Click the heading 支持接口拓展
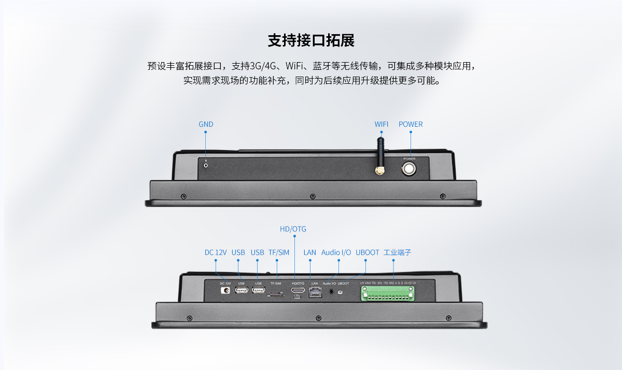click(311, 40)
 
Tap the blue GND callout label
click(206, 124)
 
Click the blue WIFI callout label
click(381, 124)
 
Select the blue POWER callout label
click(411, 124)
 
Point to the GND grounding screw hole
click(206, 165)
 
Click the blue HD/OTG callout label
click(293, 229)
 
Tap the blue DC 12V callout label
click(216, 253)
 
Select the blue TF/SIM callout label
click(279, 253)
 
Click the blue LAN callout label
click(309, 253)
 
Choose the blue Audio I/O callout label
click(336, 253)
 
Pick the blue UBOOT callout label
click(367, 253)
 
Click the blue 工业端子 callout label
click(397, 253)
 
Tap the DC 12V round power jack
click(225, 291)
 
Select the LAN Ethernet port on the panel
click(314, 292)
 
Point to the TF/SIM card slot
click(275, 295)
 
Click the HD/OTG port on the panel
click(298, 291)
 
